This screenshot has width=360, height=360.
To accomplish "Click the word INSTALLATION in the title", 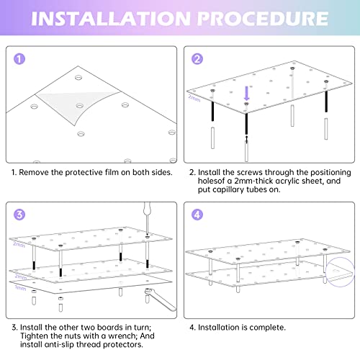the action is coord(111,19).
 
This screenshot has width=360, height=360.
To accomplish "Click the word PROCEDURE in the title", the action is coord(263,19).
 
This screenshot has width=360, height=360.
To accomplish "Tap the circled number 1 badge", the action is coord(19,59).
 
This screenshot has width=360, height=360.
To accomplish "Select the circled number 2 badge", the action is coord(197,59).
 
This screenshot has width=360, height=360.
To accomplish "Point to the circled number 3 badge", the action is coord(19,215).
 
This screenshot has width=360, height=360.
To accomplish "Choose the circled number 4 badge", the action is coord(197,215).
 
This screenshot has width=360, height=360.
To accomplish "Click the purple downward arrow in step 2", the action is coord(246,94).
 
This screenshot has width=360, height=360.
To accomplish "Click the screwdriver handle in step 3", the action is coord(147,208).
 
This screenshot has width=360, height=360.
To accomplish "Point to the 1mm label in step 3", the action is coord(20,287).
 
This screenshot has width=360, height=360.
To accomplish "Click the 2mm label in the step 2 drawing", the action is coord(194,98).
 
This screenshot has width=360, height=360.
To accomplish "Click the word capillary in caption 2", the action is coord(228,189).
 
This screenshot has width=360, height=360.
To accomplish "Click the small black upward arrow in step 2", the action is coord(246,140).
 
